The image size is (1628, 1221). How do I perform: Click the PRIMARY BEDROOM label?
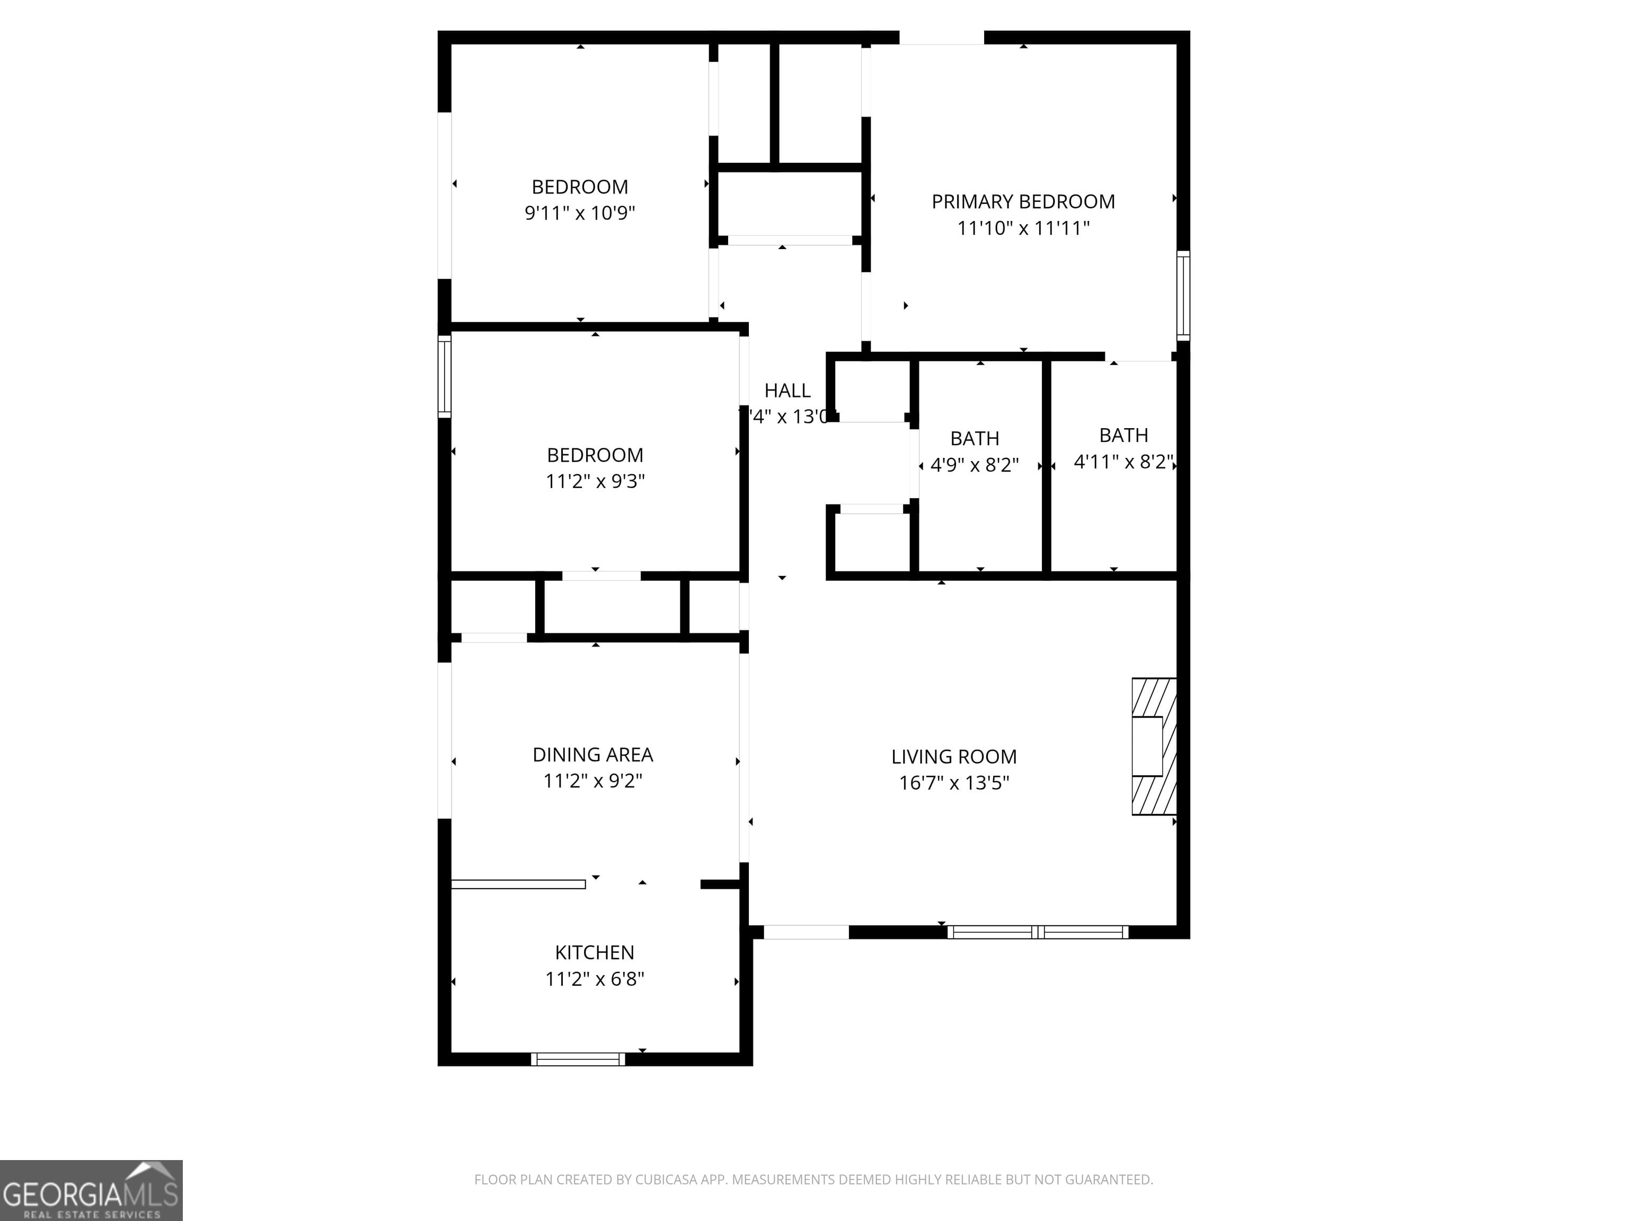tap(1023, 202)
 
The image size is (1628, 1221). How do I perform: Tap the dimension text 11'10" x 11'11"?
tap(1023, 228)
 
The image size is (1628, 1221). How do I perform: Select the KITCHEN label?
tap(594, 952)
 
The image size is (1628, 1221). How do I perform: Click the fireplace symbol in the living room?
tap(1153, 746)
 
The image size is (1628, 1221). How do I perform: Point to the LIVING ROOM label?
tap(954, 757)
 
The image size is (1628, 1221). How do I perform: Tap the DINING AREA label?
tap(592, 755)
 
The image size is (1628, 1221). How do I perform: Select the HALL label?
tap(787, 391)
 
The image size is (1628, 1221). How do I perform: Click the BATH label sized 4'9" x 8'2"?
tap(975, 439)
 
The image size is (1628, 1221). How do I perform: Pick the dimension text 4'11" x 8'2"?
tap(1123, 462)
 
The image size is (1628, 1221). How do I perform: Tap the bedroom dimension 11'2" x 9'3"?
tap(595, 481)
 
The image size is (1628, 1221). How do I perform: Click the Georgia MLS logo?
tap(91, 1190)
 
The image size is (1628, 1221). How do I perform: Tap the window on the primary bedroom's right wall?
tap(1183, 295)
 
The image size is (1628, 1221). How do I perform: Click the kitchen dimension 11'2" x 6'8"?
tap(594, 979)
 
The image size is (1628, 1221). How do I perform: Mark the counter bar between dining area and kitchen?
tap(518, 884)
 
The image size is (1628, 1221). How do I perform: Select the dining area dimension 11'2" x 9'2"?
tap(592, 781)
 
